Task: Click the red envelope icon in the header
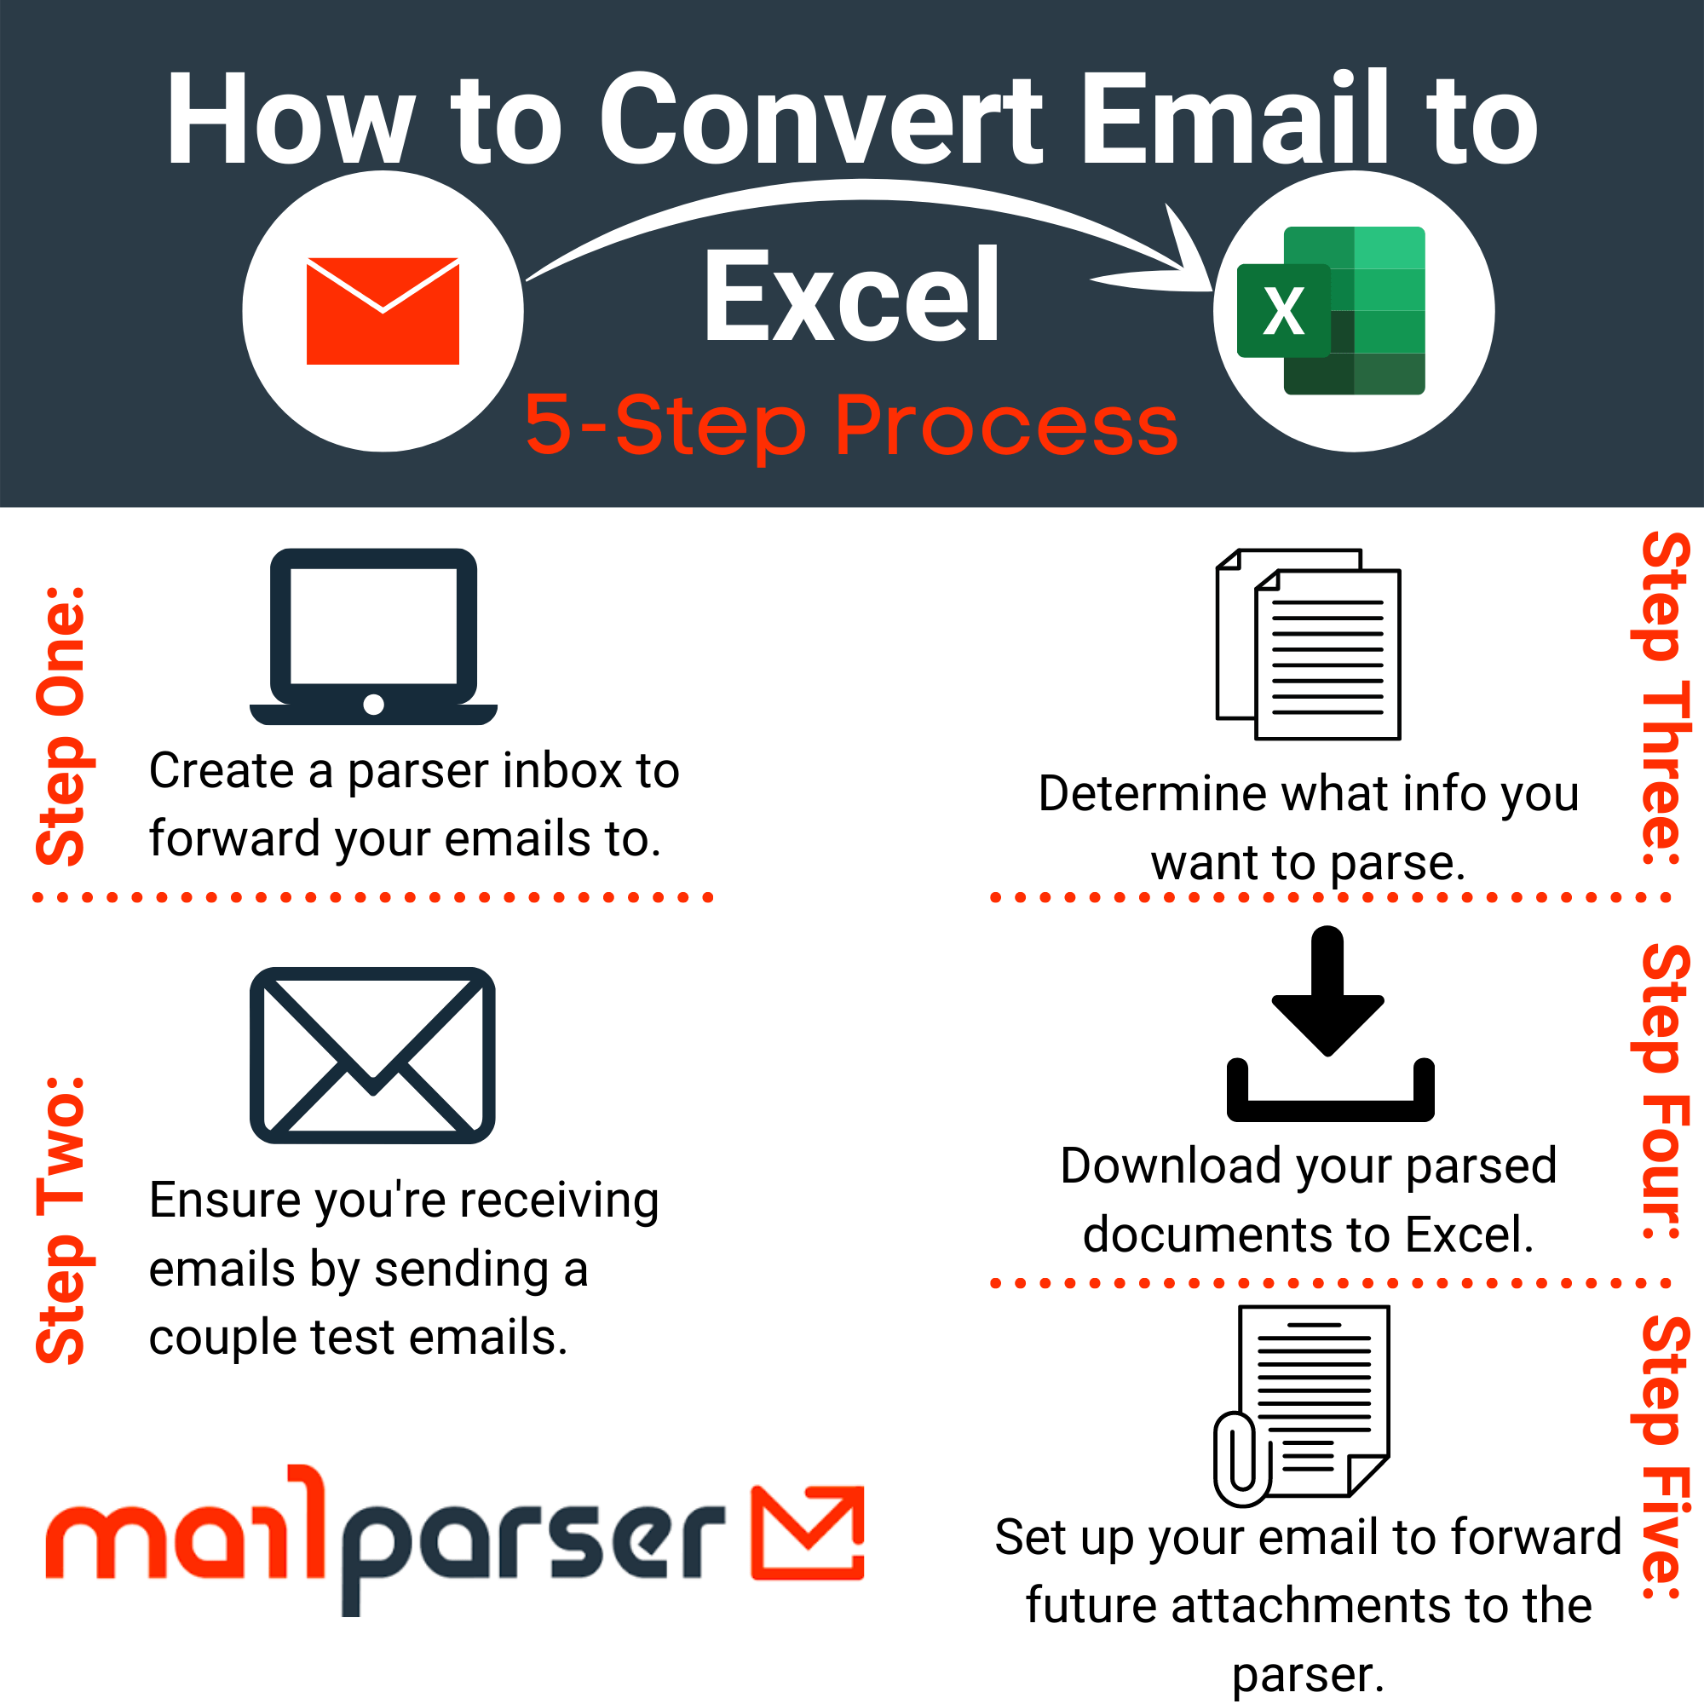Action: click(x=383, y=310)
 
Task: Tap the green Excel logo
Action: click(x=1332, y=310)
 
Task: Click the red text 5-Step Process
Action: click(x=851, y=426)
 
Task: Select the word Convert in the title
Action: click(x=820, y=119)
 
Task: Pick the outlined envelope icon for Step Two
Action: click(x=372, y=1055)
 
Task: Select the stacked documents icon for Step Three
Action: click(x=1308, y=644)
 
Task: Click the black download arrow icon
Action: click(x=1330, y=1023)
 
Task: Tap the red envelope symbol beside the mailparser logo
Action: click(x=807, y=1533)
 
